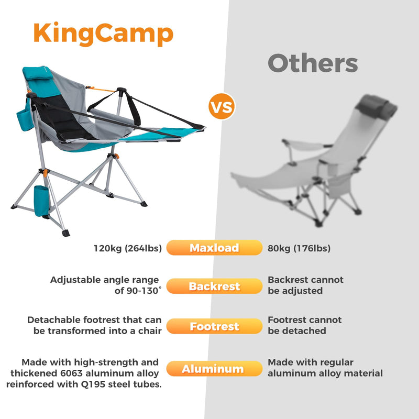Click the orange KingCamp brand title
coord(103,34)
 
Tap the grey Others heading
coord(313,63)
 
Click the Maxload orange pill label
coord(214,248)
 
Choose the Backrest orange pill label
coord(214,286)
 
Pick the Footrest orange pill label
coord(214,326)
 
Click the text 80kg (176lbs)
coord(299,248)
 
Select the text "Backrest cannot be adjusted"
coord(305,285)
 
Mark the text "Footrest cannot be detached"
coord(304,325)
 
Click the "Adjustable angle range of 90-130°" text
coord(105,285)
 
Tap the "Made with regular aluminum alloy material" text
coord(325,368)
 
